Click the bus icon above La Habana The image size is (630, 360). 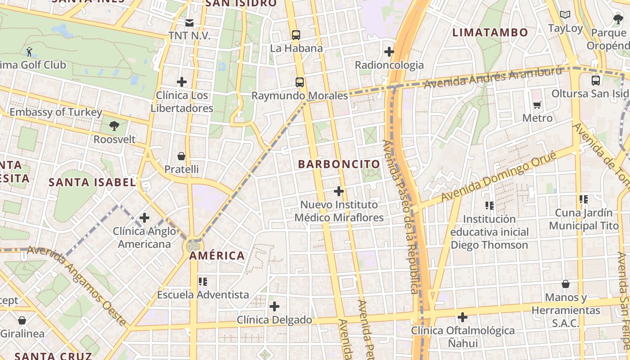click(x=296, y=35)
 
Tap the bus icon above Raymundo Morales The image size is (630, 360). click(x=299, y=82)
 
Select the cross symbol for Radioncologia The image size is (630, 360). click(x=389, y=52)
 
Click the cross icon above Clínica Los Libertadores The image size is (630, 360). click(x=182, y=81)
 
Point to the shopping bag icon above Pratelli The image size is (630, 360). click(x=181, y=156)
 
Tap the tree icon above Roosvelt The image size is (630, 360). click(x=114, y=126)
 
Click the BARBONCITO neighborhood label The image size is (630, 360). click(x=339, y=164)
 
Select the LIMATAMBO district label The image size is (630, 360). click(x=490, y=32)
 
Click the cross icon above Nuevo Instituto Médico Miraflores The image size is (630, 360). click(x=339, y=191)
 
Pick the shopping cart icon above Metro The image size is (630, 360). click(x=537, y=105)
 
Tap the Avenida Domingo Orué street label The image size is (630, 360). click(x=499, y=176)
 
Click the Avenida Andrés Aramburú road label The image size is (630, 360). click(x=493, y=77)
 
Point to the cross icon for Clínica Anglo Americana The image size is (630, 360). click(x=144, y=218)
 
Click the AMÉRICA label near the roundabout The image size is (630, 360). click(x=217, y=256)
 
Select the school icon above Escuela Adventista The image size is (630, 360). click(x=203, y=282)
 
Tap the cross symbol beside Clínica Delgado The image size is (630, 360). click(x=274, y=306)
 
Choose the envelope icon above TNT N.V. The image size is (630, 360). click(x=189, y=22)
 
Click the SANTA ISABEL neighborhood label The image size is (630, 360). click(x=92, y=182)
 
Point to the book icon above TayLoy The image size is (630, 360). click(x=565, y=15)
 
